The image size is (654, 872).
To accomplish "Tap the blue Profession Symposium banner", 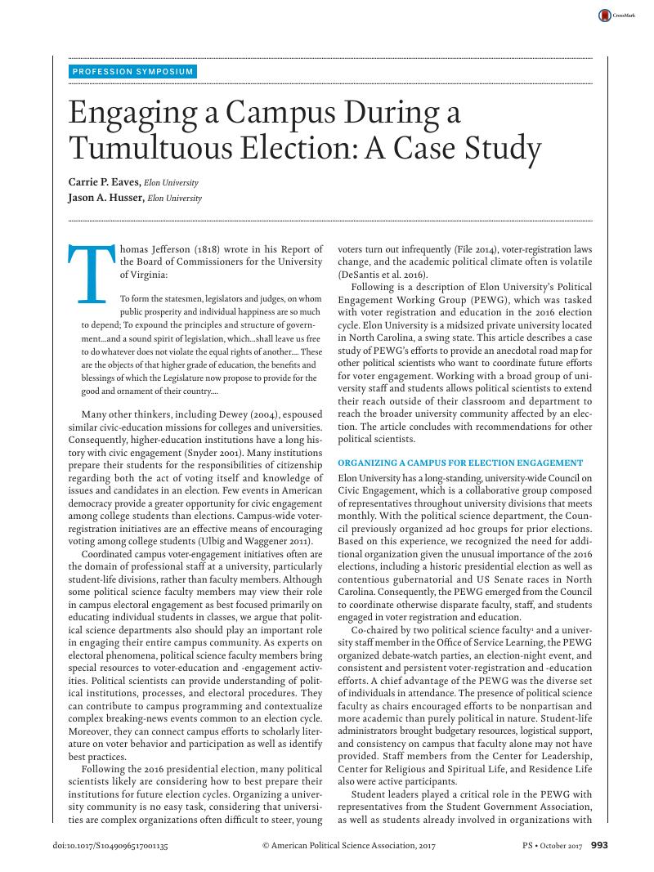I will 133,71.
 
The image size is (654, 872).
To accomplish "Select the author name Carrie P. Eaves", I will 98,183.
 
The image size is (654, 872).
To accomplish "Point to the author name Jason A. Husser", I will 101,198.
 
